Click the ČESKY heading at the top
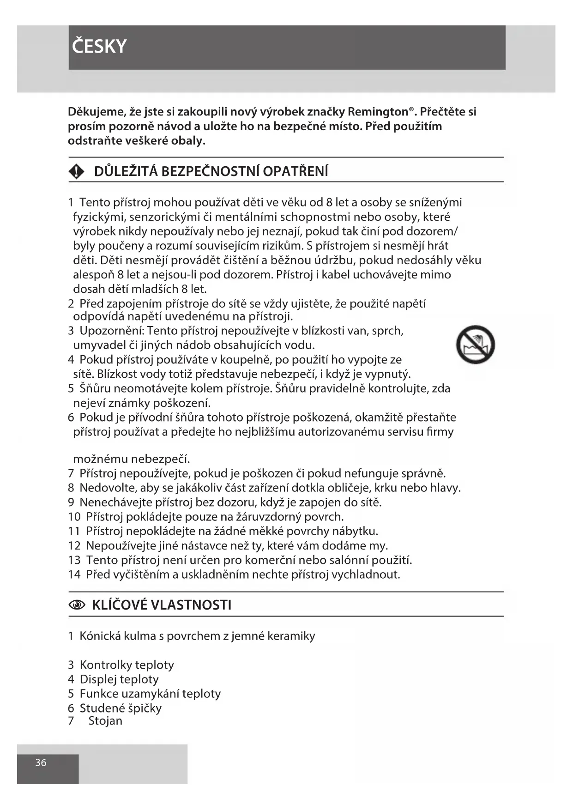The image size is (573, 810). point(99,47)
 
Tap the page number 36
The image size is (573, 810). point(41,762)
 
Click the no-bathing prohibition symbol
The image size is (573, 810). point(475,345)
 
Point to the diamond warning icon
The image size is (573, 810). point(76,172)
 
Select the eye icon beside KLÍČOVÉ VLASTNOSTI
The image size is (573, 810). point(77,605)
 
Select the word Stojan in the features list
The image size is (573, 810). point(105,721)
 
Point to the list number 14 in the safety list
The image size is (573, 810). point(74,574)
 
